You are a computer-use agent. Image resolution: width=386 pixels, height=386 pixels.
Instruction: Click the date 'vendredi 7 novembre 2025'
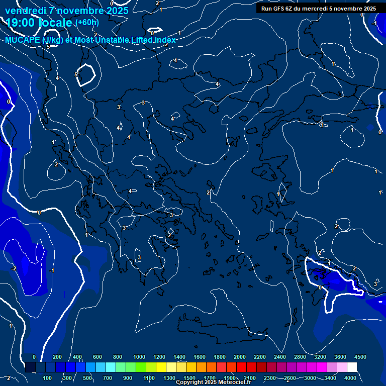(66, 10)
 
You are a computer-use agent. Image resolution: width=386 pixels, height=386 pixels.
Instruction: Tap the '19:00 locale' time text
(40, 22)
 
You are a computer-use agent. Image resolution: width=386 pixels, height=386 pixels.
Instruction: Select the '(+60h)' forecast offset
(87, 22)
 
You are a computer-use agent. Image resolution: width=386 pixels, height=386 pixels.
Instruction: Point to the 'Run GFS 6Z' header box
(319, 8)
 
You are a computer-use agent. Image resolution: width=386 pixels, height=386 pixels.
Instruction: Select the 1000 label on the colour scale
(139, 357)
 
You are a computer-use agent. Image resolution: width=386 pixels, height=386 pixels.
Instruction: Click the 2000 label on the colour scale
(240, 357)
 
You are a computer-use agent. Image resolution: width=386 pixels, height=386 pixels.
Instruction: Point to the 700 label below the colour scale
(107, 378)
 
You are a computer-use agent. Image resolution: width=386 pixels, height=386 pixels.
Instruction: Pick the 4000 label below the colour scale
(350, 378)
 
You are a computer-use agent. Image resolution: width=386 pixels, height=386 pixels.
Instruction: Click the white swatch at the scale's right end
(352, 367)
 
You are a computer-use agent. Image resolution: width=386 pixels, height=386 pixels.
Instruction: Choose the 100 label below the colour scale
(48, 378)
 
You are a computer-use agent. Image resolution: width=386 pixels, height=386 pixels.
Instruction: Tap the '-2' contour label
(14, 268)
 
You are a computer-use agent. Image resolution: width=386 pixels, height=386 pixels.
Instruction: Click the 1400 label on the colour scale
(179, 357)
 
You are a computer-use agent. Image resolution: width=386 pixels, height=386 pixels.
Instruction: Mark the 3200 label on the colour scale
(320, 357)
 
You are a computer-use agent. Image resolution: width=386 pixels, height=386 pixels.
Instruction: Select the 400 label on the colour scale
(77, 357)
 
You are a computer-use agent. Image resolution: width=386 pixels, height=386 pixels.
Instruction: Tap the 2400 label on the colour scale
(280, 357)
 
